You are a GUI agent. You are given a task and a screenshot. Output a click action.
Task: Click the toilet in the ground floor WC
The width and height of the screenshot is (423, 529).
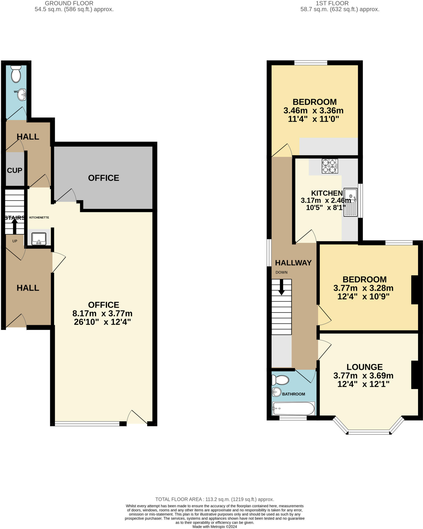coord(16,74)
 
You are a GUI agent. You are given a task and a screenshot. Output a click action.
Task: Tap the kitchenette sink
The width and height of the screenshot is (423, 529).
coord(39,239)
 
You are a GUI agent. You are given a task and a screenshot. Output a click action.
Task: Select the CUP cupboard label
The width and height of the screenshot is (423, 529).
coord(14,170)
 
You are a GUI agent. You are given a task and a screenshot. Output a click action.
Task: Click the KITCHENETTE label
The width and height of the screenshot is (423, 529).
coord(39,217)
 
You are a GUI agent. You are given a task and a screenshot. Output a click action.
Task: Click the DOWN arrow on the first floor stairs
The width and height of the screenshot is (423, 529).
coord(281,287)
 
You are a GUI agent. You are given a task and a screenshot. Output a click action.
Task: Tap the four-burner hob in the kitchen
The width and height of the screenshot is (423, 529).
coord(330,166)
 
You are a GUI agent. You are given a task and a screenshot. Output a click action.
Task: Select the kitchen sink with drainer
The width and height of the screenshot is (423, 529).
coord(351,202)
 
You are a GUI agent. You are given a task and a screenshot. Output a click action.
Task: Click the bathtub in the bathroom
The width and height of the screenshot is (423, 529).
coord(293,409)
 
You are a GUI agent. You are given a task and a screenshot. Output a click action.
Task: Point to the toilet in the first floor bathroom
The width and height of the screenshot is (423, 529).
coord(280,380)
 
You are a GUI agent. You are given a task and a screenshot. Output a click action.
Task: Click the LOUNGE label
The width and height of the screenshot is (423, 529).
coord(365,367)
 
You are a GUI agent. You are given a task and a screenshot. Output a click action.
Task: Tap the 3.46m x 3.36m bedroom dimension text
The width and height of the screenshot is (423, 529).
coord(313,111)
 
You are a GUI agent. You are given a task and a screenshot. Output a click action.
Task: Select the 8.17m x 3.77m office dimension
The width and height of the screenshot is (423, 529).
coord(102,314)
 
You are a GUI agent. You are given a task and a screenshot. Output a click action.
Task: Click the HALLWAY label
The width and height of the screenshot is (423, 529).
coord(293,263)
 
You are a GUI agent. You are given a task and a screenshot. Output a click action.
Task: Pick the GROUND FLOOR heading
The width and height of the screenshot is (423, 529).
coord(69,3)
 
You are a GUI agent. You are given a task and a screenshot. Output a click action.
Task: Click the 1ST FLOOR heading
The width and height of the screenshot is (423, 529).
coord(332,3)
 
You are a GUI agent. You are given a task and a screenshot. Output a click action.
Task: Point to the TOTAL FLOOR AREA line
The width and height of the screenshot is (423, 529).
coord(214,499)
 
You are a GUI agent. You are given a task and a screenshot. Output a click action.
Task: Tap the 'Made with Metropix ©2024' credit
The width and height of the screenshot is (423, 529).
coord(215,526)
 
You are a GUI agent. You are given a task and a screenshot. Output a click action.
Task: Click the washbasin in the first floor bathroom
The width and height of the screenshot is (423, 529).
coord(276,392)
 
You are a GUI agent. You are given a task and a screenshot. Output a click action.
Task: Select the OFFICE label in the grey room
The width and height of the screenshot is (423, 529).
coord(103,178)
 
